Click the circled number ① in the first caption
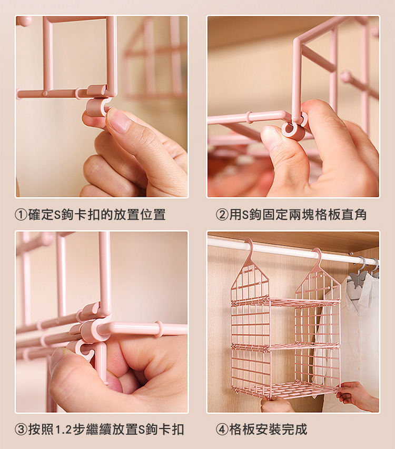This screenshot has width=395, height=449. click(21, 215)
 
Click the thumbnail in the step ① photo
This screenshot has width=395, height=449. click(118, 121)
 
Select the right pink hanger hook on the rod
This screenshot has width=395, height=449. click(318, 256)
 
